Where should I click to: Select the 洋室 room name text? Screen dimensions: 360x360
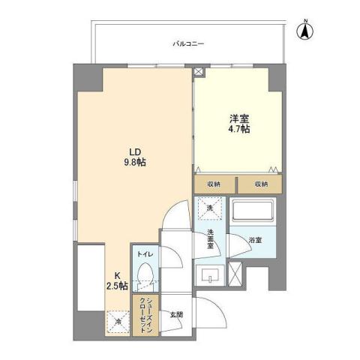click(x=238, y=118)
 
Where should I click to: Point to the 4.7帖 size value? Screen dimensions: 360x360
click(x=238, y=130)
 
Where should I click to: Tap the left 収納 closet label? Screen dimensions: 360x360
click(x=214, y=184)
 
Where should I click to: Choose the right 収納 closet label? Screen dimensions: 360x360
click(x=259, y=184)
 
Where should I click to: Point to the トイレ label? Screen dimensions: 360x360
click(x=145, y=255)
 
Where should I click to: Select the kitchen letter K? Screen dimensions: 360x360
click(x=117, y=275)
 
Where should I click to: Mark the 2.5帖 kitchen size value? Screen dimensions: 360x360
click(x=118, y=286)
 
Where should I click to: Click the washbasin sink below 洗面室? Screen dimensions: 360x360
click(x=209, y=274)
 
